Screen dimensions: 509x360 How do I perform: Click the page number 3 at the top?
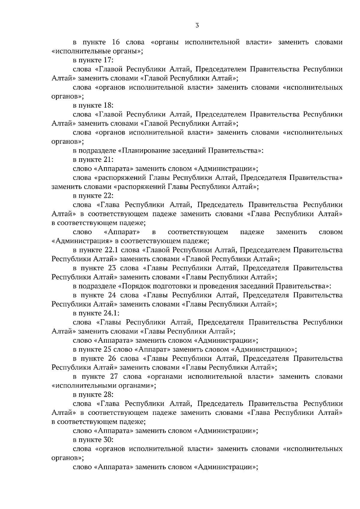[x=197, y=25]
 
